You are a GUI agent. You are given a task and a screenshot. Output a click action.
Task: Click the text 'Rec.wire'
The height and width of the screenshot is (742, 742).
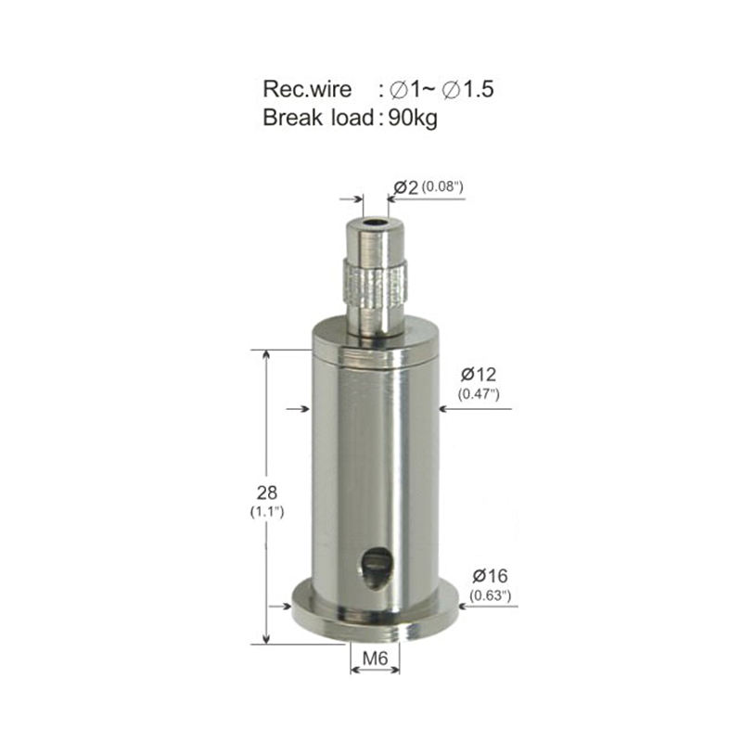pos(307,89)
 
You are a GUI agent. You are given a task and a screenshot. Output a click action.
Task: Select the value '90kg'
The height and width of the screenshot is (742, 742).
pos(413,118)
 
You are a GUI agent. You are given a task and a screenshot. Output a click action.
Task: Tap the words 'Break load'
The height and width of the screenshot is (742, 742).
pos(318,118)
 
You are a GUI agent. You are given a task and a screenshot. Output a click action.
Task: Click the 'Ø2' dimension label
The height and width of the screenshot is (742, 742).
pos(406,187)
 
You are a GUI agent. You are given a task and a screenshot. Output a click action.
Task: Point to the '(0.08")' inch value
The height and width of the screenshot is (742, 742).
pos(442,186)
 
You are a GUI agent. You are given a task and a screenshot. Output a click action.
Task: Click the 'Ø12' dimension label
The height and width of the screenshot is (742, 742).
pos(479,375)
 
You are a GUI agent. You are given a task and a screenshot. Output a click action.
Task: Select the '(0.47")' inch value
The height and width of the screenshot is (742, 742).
pos(479,393)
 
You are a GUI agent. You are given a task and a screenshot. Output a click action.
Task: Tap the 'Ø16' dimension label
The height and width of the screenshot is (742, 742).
pos(490,576)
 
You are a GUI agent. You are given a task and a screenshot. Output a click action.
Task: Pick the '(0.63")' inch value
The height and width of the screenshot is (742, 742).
pos(491,595)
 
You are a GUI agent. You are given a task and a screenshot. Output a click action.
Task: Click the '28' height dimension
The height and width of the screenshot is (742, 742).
pos(266,493)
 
